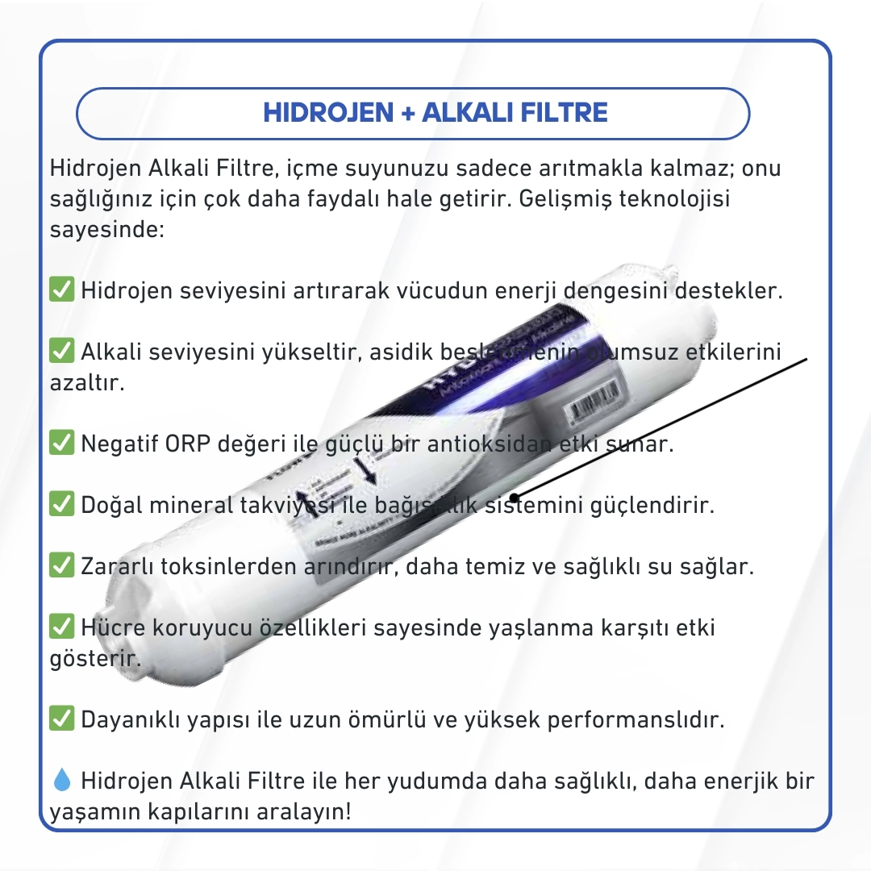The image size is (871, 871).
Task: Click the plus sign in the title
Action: [x=407, y=113]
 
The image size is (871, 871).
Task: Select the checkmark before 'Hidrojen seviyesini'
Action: [x=62, y=290]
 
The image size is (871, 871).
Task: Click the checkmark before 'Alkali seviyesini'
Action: [x=62, y=351]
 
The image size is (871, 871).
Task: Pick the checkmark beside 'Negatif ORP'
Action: [x=62, y=443]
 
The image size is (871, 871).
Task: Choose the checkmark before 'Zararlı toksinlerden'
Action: [x=62, y=565]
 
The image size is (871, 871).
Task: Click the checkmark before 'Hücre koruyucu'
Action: [x=62, y=627]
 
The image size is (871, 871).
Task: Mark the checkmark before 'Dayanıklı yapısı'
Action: [x=62, y=719]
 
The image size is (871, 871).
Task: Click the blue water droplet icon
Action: [x=62, y=780]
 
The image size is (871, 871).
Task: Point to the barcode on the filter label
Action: [x=595, y=402]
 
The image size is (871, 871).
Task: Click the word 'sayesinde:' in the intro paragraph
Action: [x=107, y=229]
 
